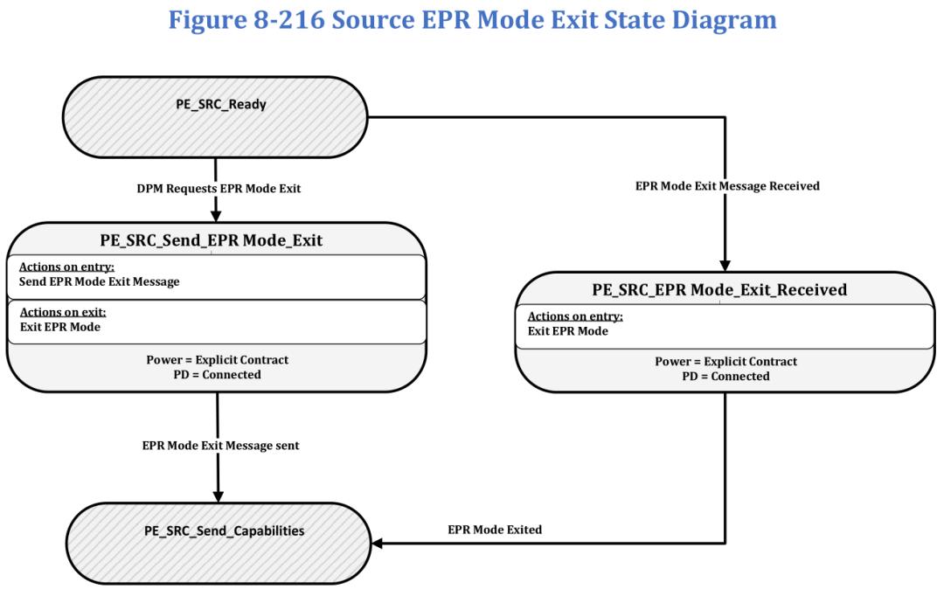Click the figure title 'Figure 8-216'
(246, 20)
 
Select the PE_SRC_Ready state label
(221, 104)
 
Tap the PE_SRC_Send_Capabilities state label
(224, 531)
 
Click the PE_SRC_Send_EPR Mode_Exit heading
(212, 240)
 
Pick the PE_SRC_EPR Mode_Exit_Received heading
(719, 289)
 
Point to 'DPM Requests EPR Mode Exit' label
(219, 189)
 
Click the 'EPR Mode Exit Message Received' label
(727, 186)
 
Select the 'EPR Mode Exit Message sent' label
(220, 446)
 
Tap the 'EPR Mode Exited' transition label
(495, 530)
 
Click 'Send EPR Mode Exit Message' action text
(100, 281)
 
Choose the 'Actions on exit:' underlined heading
(63, 312)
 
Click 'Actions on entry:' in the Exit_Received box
(575, 316)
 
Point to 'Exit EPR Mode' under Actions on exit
(60, 327)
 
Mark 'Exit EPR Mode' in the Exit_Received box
(568, 331)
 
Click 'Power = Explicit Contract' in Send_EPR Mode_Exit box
(218, 360)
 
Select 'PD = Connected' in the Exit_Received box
(725, 377)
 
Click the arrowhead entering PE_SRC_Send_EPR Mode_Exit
(216, 216)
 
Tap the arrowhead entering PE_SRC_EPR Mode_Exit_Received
(725, 266)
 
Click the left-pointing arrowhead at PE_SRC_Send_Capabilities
(378, 543)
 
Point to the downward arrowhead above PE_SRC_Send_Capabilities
(218, 496)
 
